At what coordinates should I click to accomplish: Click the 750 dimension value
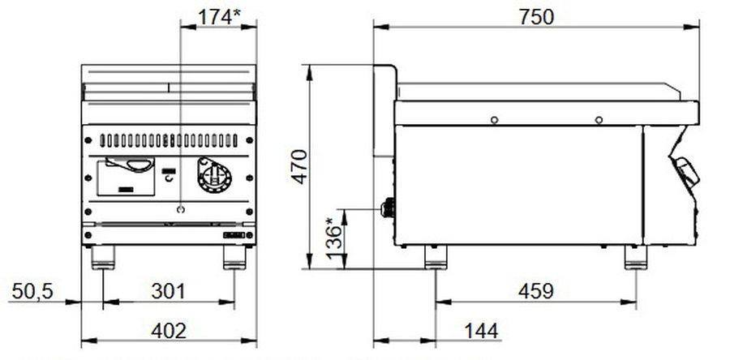[x=537, y=17]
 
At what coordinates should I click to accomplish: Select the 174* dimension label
[x=219, y=17]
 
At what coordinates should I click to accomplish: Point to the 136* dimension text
[x=335, y=238]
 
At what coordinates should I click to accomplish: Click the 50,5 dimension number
[x=32, y=292]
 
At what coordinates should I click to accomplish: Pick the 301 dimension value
[x=168, y=292]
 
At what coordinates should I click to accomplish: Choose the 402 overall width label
[x=169, y=331]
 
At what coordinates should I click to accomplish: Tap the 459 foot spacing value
[x=536, y=291]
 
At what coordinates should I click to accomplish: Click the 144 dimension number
[x=481, y=331]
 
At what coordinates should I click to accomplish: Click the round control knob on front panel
[x=214, y=175]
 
